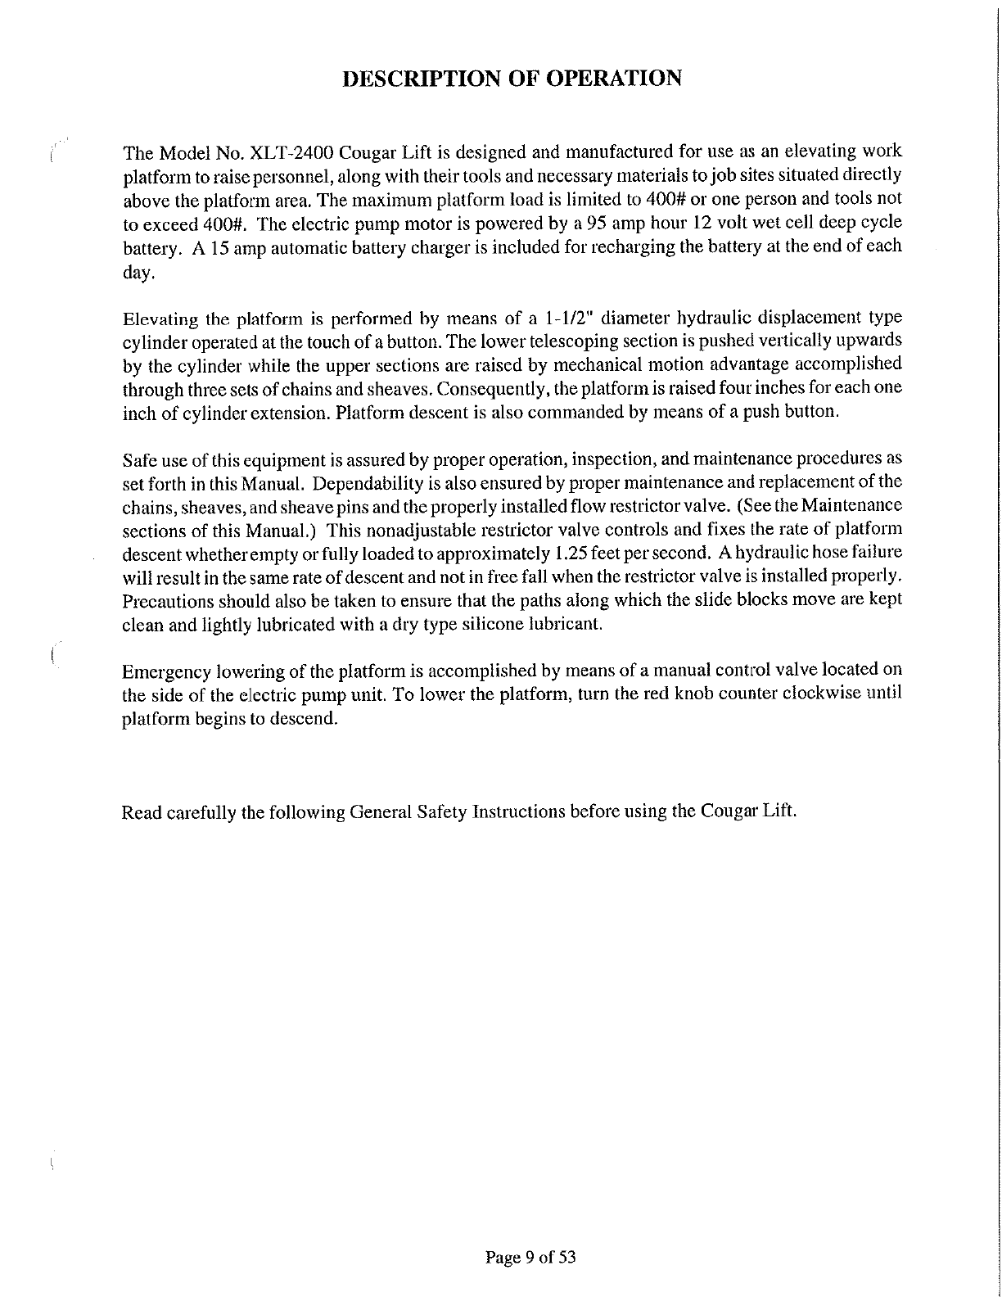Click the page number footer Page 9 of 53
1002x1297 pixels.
coord(530,1257)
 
